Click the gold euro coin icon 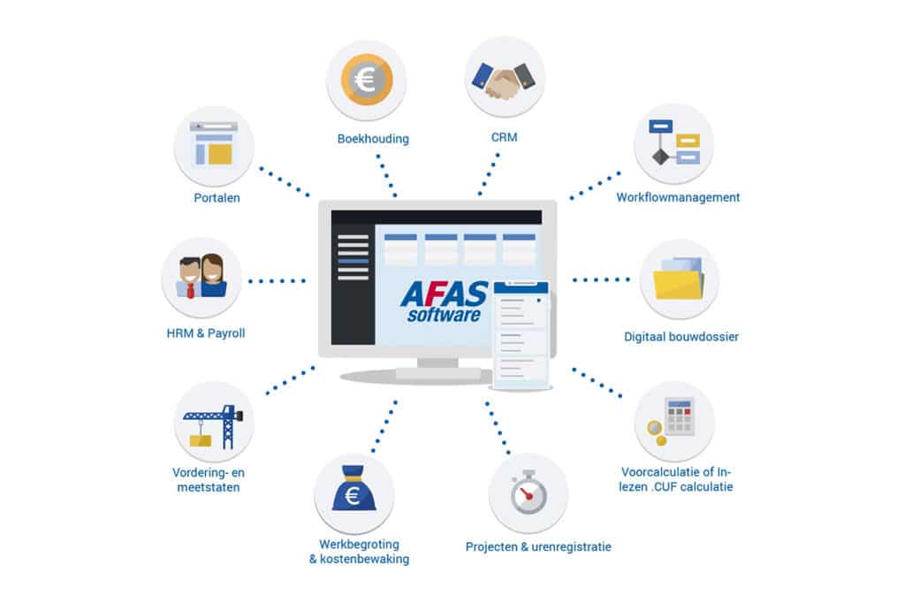[x=367, y=80]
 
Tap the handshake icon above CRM [x=504, y=80]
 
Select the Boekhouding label [x=373, y=139]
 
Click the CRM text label [x=504, y=137]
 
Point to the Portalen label [x=217, y=198]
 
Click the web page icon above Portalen [x=214, y=143]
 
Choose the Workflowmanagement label [x=678, y=197]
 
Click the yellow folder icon [x=679, y=279]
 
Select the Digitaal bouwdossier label [x=681, y=337]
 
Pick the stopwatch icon [x=529, y=492]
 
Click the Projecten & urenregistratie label [x=538, y=547]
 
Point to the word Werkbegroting [x=359, y=544]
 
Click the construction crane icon [x=213, y=426]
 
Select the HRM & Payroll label [x=205, y=333]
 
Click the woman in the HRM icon [x=212, y=276]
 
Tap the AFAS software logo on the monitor [x=444, y=301]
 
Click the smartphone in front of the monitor [x=521, y=334]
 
